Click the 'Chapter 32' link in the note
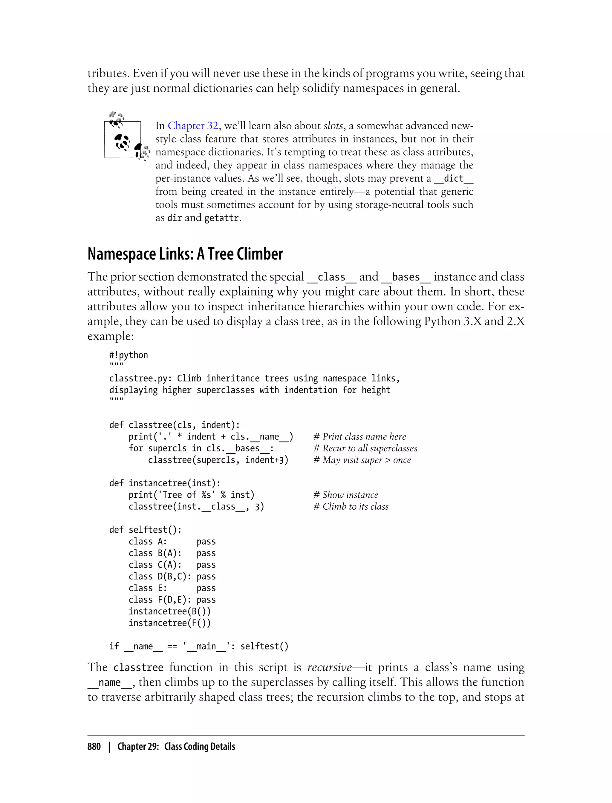[193, 126]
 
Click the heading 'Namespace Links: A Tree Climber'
[185, 254]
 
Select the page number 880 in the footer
[94, 747]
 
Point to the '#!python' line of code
[128, 355]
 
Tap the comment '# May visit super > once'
[362, 460]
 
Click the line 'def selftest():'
[145, 530]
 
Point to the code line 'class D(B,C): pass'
[172, 577]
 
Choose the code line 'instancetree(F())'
[169, 623]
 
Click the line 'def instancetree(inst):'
[165, 483]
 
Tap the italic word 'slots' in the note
[333, 126]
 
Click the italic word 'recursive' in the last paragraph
[329, 667]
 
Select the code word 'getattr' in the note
[221, 218]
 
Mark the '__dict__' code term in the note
[454, 178]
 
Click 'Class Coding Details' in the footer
[200, 747]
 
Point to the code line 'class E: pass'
[172, 588]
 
